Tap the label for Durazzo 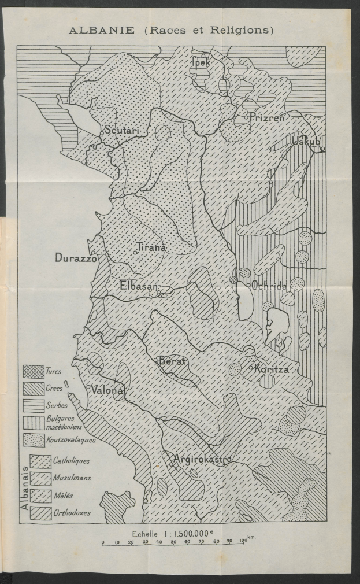pyautogui.click(x=77, y=258)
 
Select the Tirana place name pyautogui.click(x=151, y=247)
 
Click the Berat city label pyautogui.click(x=173, y=361)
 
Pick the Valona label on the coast pyautogui.click(x=107, y=390)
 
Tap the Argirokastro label pyautogui.click(x=202, y=460)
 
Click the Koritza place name pyautogui.click(x=272, y=369)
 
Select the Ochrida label pyautogui.click(x=269, y=285)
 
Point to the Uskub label pyautogui.click(x=306, y=142)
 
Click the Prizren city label pyautogui.click(x=268, y=117)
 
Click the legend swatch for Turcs pyautogui.click(x=33, y=371)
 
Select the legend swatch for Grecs pyautogui.click(x=33, y=389)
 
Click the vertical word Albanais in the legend pyautogui.click(x=25, y=487)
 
